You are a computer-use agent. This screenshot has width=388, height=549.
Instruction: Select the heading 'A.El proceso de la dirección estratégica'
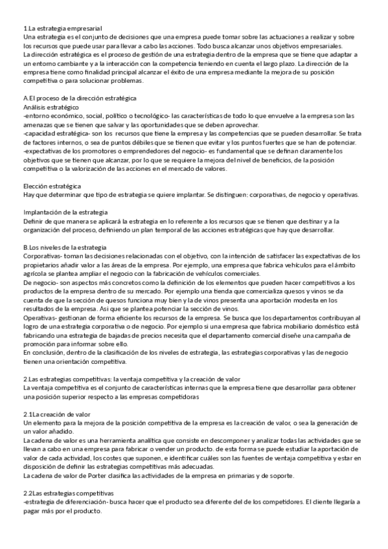[79, 98]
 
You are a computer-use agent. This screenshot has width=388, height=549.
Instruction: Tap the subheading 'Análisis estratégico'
[51, 106]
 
